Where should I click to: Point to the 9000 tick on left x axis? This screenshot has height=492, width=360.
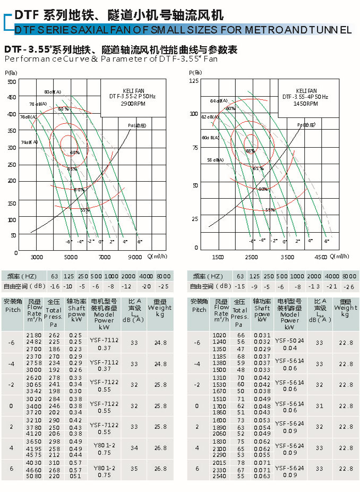pos(135,257)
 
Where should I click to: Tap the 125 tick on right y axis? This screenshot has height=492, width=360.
pos(194,80)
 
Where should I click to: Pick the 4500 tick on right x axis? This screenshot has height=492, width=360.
pos(321,257)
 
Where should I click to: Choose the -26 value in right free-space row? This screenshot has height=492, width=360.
pos(349,286)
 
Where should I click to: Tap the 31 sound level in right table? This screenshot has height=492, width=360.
pos(319,406)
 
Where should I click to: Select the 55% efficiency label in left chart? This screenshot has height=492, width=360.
pos(85,210)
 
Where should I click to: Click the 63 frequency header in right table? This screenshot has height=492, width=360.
pos(241,276)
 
